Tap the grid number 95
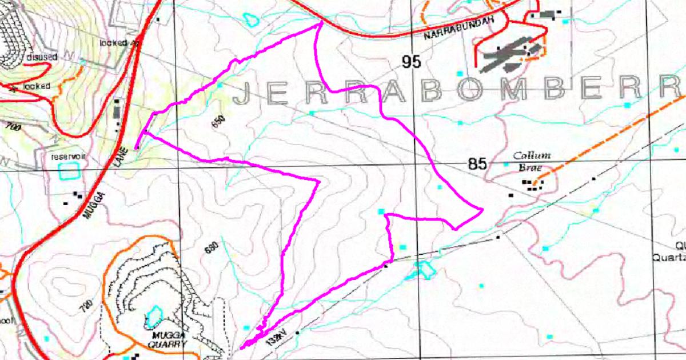(x=410, y=62)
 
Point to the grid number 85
(x=477, y=165)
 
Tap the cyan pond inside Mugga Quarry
(x=153, y=314)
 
